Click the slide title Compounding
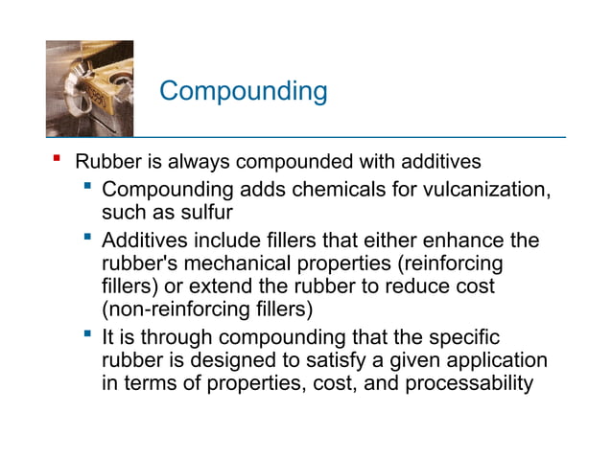243,92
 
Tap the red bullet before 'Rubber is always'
57,159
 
